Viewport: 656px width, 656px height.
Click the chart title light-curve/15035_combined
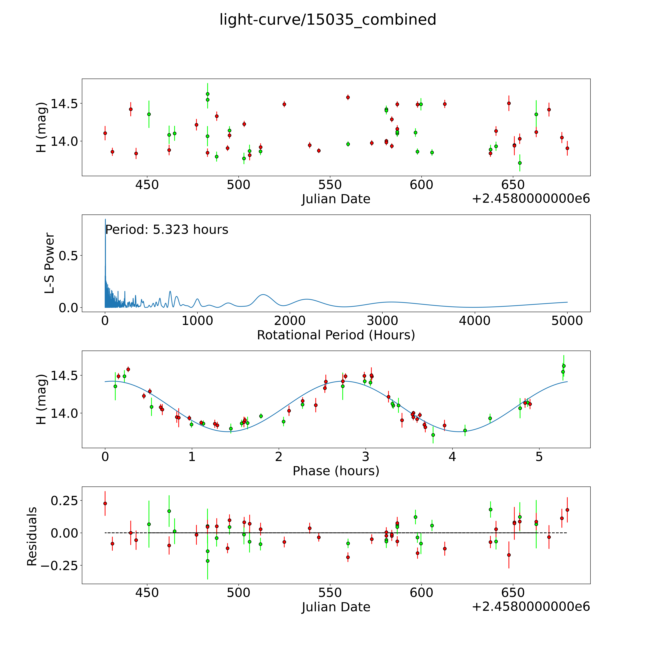(x=328, y=20)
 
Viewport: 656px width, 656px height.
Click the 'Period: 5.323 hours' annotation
(x=167, y=230)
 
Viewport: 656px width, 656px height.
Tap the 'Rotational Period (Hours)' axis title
(x=336, y=335)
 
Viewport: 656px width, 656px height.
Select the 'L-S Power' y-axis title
(x=50, y=263)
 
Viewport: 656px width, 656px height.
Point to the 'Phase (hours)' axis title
(x=336, y=471)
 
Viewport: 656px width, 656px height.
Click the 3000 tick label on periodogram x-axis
(x=382, y=321)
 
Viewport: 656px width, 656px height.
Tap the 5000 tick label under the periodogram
(x=567, y=321)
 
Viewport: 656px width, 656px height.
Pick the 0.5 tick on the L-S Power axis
(x=68, y=256)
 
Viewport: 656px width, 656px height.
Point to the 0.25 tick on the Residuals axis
(x=64, y=501)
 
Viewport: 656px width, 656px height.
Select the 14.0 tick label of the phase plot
(x=64, y=413)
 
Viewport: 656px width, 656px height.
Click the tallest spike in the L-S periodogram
(x=105, y=220)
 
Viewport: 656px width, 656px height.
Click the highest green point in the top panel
(x=207, y=94)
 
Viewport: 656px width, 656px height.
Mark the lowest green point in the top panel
(x=519, y=163)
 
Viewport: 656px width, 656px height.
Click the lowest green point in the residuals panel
(x=207, y=561)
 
